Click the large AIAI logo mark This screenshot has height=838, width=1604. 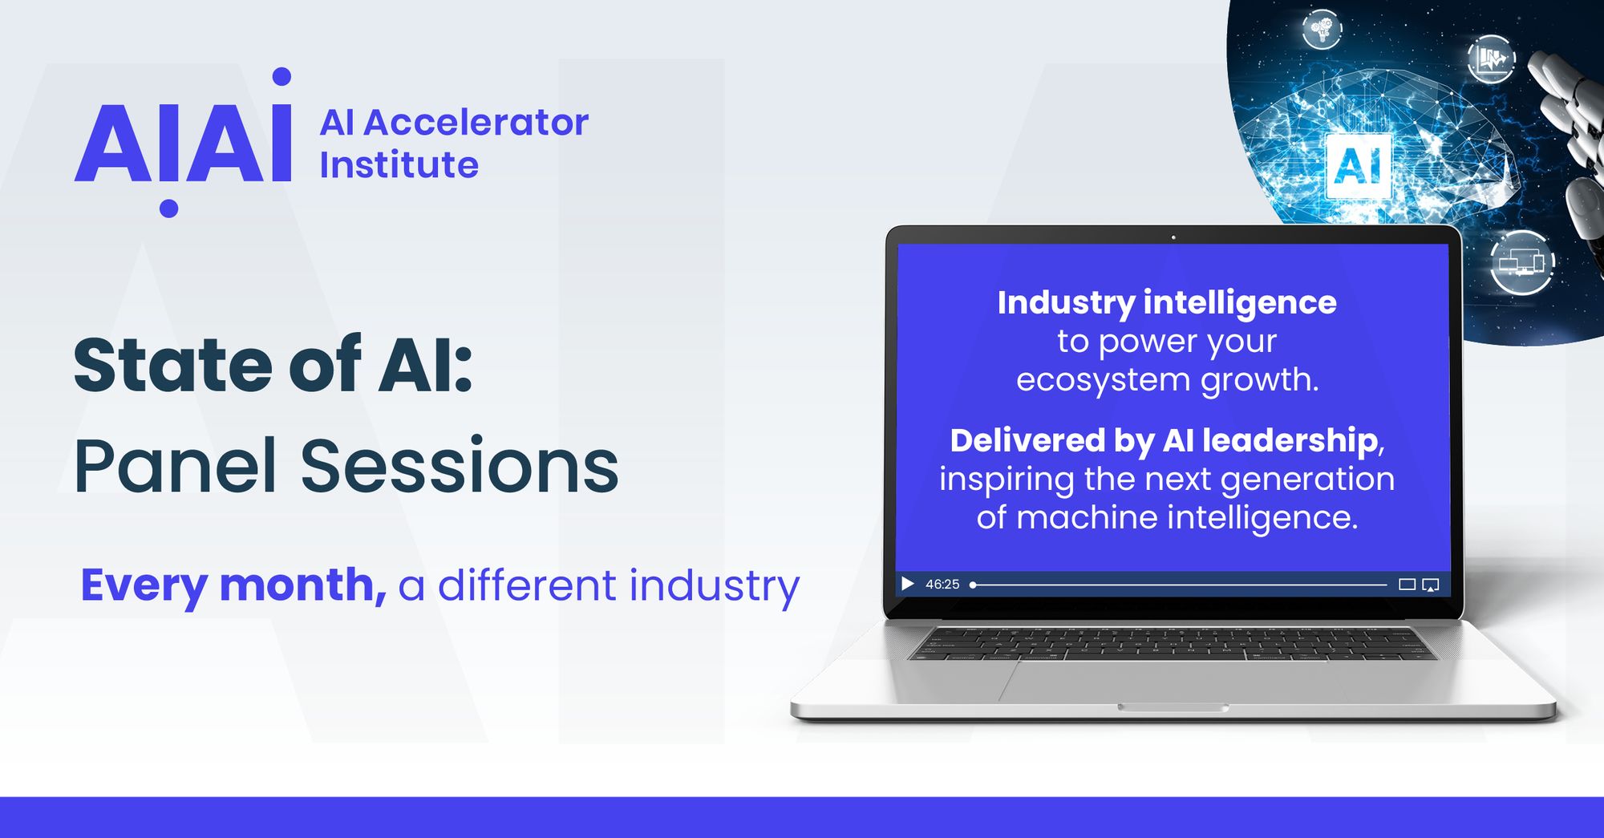[x=183, y=143]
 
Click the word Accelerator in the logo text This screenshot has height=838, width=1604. [x=476, y=123]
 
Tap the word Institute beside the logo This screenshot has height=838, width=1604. [x=399, y=165]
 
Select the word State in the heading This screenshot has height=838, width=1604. [x=173, y=366]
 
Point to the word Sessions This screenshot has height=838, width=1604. [x=460, y=466]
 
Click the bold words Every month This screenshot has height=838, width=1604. [x=233, y=585]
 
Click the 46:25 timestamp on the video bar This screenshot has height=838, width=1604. [x=942, y=584]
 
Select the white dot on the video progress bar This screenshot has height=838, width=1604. [x=973, y=585]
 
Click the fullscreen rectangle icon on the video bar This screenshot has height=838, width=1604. [x=1407, y=585]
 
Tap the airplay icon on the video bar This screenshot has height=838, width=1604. [x=1431, y=585]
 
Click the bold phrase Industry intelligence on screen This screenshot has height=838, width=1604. [x=1167, y=303]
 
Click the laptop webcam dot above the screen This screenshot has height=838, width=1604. [x=1173, y=237]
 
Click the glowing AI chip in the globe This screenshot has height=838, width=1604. [x=1358, y=166]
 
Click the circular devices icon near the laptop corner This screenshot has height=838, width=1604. [x=1521, y=262]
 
